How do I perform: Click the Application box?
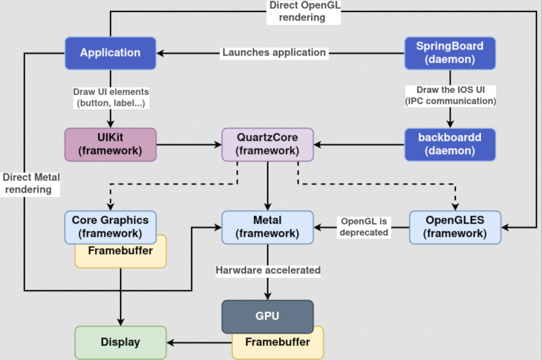(x=110, y=52)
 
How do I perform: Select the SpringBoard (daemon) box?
(x=450, y=52)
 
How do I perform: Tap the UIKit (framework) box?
(x=110, y=144)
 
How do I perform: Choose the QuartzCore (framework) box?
(x=268, y=144)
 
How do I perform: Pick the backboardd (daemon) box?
(x=450, y=144)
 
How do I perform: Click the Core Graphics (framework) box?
(x=110, y=226)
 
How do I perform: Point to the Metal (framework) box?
(x=268, y=226)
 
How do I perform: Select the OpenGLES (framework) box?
(x=455, y=226)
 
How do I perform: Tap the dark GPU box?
(x=268, y=315)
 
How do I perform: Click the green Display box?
(x=120, y=342)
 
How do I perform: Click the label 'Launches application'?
(x=274, y=52)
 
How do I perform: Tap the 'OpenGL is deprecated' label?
(x=364, y=226)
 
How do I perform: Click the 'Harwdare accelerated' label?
(x=268, y=270)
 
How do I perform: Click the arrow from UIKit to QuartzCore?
(x=190, y=144)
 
